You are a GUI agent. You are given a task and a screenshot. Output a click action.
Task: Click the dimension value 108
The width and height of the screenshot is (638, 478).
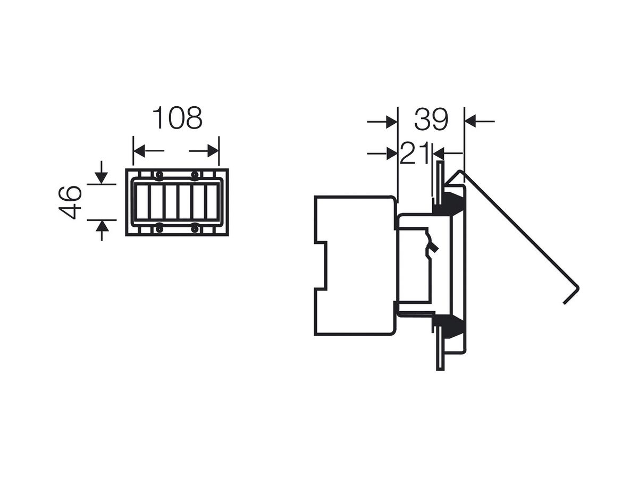coord(177,118)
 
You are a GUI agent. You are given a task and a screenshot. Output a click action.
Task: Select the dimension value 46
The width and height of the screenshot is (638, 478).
coord(70,202)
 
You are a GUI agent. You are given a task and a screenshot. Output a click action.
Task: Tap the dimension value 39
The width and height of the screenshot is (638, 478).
coord(431,119)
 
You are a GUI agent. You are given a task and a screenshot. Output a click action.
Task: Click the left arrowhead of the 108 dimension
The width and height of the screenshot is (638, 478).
coord(139,151)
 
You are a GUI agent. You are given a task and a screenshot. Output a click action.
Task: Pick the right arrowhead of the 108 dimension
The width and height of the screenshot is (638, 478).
coord(213,151)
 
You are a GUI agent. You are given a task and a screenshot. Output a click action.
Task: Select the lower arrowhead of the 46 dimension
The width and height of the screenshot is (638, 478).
coord(102,226)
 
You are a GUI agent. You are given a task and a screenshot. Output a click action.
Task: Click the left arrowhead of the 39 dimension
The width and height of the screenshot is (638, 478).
coord(391,122)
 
